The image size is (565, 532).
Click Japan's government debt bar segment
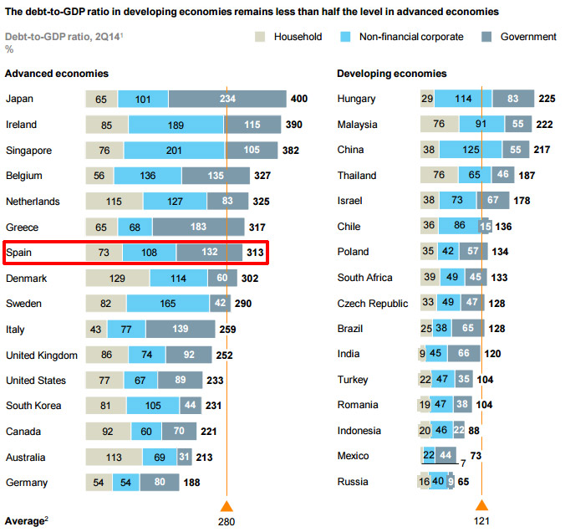pyautogui.click(x=227, y=100)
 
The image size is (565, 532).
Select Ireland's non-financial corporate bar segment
pyautogui.click(x=176, y=125)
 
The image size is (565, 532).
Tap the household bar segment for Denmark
pyautogui.click(x=116, y=279)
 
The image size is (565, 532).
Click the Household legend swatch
pyautogui.click(x=260, y=37)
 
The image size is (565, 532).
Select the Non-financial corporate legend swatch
pyautogui.click(x=344, y=37)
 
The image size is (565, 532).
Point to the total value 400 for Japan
pyautogui.click(x=298, y=100)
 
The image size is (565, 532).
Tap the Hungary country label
pyautogui.click(x=356, y=100)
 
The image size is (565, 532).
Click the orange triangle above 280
pyautogui.click(x=226, y=505)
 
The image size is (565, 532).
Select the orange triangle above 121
pyautogui.click(x=481, y=505)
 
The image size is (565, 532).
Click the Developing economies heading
pyautogui.click(x=391, y=74)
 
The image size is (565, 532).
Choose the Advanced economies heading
pyautogui.click(x=56, y=74)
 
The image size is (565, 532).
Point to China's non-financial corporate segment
pyautogui.click(x=470, y=151)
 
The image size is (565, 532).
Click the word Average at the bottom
pyautogui.click(x=24, y=520)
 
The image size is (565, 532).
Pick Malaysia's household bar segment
pyautogui.click(x=437, y=125)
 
